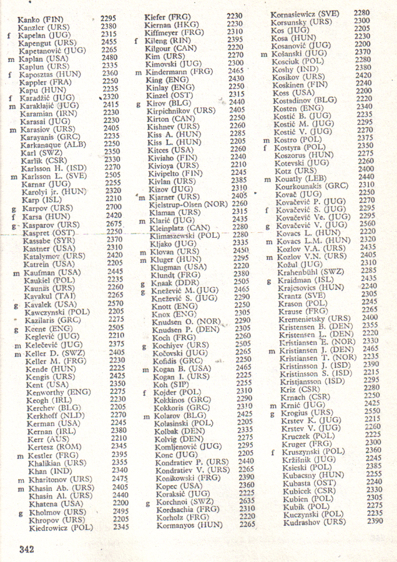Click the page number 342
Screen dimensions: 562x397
(26, 550)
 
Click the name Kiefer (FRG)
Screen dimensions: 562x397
(167, 16)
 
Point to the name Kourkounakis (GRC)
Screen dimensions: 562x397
(311, 185)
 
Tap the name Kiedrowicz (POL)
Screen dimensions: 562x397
(61, 528)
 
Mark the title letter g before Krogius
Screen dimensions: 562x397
(273, 412)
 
